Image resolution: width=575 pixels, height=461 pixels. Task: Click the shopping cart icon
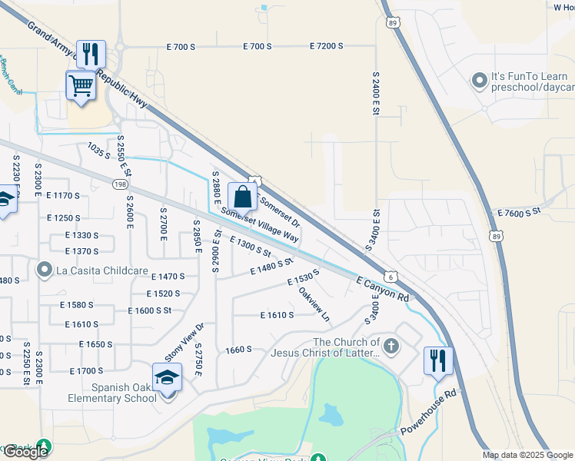click(81, 85)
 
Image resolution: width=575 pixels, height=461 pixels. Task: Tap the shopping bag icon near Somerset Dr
click(242, 197)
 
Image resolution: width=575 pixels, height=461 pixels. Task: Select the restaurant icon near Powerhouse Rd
click(438, 360)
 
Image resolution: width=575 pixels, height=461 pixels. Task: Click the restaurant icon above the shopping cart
click(91, 54)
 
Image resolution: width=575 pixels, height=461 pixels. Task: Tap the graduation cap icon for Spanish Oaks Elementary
click(167, 377)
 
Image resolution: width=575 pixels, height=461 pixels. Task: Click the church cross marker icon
click(391, 346)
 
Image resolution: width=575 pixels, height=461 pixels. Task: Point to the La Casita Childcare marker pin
click(45, 269)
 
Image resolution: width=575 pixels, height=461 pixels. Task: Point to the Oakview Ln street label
click(314, 304)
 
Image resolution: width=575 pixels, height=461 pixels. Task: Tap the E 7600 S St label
click(520, 211)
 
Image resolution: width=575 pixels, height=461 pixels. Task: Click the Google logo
click(25, 452)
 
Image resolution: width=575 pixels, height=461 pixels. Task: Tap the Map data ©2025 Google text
click(527, 455)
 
